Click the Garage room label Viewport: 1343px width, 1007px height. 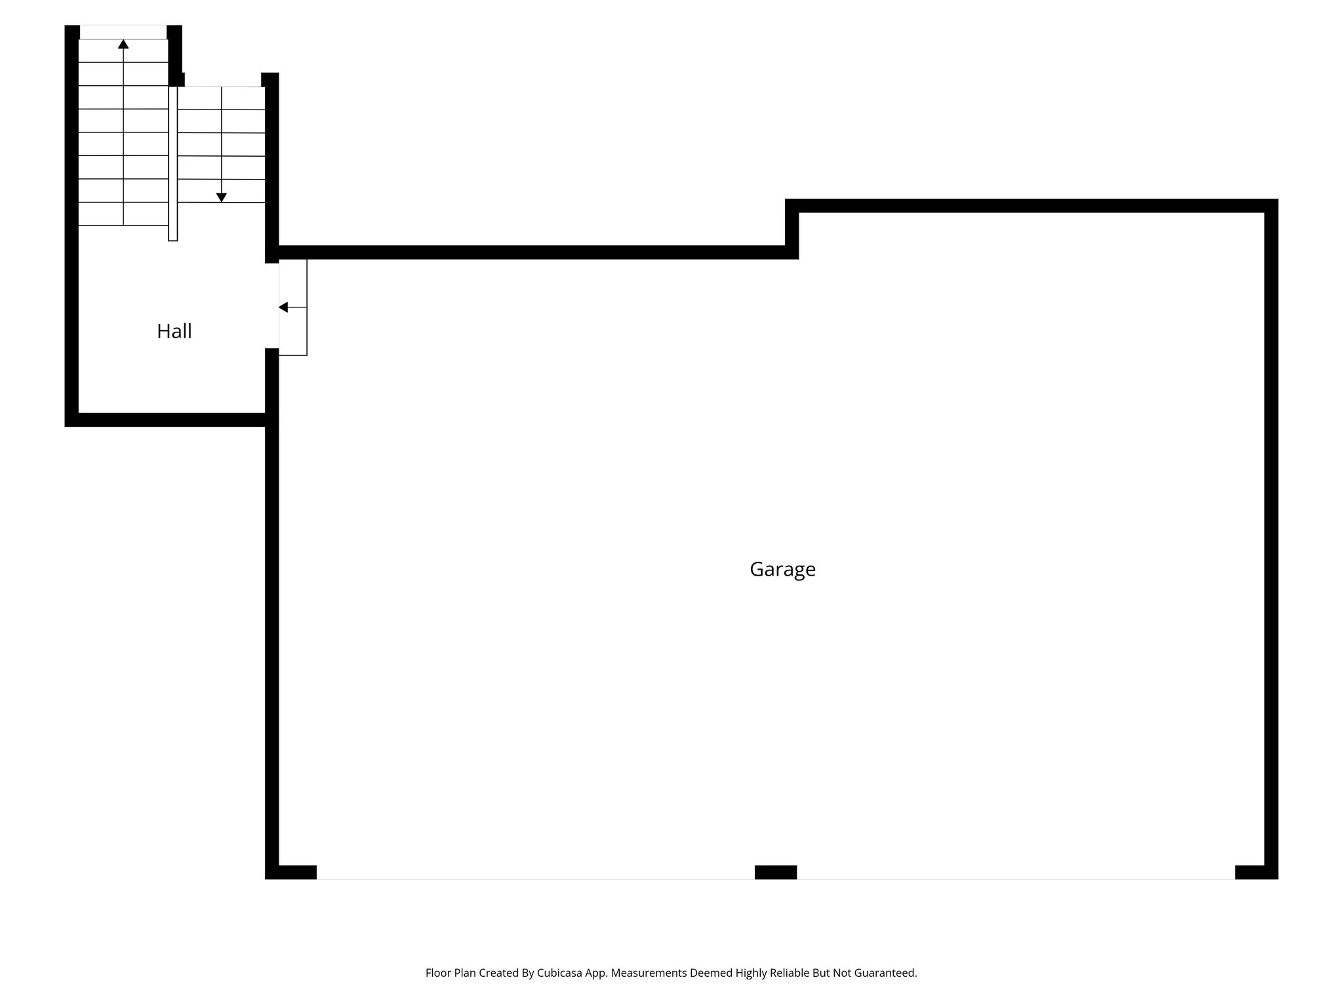782,569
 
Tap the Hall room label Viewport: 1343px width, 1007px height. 174,331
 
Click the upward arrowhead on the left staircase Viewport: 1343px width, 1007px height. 123,44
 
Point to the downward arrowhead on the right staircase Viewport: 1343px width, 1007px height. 222,197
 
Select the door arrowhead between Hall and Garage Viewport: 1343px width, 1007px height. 283,307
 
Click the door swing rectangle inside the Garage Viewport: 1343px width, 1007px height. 293,307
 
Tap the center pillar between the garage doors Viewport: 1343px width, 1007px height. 776,872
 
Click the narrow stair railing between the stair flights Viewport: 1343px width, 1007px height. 173,164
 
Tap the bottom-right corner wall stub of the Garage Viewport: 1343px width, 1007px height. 1255,872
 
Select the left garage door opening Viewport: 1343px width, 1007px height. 535,878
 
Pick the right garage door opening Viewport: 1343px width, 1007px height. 1015,878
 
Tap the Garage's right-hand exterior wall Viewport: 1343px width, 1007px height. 1271,538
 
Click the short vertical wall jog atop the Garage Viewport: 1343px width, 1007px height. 792,229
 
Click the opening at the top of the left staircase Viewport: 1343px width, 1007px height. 123,31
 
